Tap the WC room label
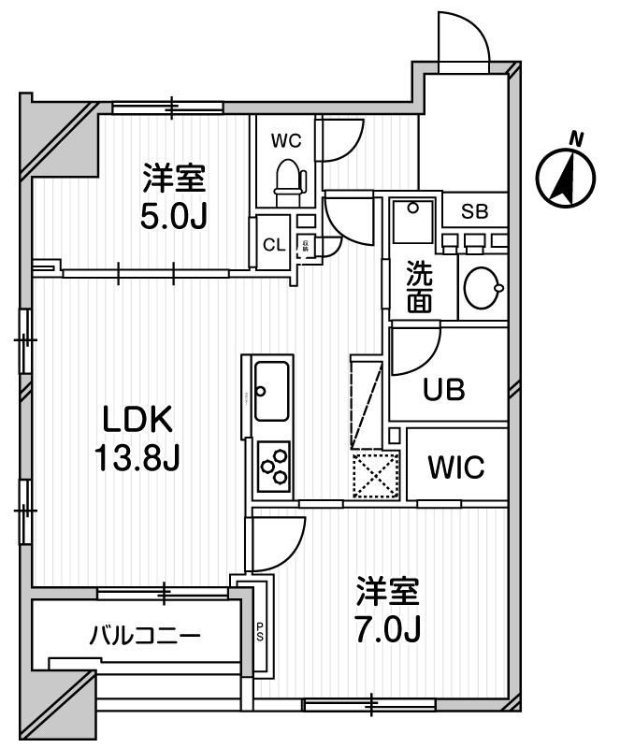coord(285,141)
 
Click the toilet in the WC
coord(289,179)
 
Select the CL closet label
coord(273,246)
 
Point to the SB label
coord(474,210)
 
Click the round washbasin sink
coord(483,286)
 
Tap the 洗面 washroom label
coord(418,288)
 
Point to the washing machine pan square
coord(411,223)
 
